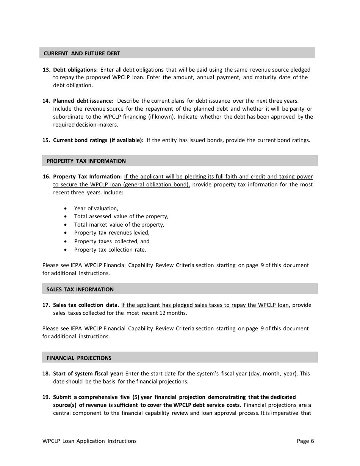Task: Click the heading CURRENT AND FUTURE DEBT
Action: pos(82,53)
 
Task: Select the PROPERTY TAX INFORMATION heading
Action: pos(86,161)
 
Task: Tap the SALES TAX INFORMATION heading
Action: pos(80,289)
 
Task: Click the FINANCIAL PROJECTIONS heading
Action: pos(79,358)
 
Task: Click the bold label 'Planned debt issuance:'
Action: pos(83,101)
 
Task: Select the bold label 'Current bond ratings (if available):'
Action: pos(98,140)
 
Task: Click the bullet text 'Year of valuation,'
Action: pos(96,208)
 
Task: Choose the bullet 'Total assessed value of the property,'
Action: pos(121,216)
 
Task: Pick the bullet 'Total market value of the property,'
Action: pos(119,225)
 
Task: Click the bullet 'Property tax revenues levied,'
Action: pos(112,233)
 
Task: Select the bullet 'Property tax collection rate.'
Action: pos(110,250)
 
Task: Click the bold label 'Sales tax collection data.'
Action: pos(86,305)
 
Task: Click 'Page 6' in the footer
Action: pos(305,441)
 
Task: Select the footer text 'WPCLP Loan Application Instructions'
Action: pos(89,441)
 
